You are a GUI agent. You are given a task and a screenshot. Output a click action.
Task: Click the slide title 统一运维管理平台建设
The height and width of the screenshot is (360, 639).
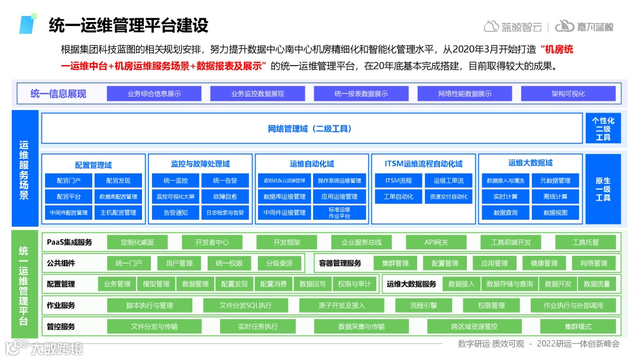tap(128, 25)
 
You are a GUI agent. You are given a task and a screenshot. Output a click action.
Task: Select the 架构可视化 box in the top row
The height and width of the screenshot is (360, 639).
tap(568, 94)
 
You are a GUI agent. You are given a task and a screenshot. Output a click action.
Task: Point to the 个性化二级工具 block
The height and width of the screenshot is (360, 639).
tap(603, 128)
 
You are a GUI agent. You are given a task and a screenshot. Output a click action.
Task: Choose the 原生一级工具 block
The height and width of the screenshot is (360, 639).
tap(603, 189)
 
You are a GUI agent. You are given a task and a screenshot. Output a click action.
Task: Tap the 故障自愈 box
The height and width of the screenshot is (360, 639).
tap(225, 197)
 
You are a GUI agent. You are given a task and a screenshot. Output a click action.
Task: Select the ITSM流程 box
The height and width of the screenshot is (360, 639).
tap(398, 181)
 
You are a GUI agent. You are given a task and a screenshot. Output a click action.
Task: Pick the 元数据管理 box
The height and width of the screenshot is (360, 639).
tap(555, 181)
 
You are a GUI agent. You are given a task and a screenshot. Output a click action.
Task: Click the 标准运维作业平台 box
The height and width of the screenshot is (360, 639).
tap(339, 213)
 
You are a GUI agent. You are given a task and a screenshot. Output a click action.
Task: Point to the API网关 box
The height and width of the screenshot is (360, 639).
tap(436, 242)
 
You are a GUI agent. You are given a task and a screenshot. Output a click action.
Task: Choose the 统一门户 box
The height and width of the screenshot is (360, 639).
tap(128, 263)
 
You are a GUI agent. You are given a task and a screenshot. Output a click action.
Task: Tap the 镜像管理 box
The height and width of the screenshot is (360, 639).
tap(543, 263)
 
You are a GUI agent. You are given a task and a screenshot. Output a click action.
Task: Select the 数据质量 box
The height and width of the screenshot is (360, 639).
tap(596, 284)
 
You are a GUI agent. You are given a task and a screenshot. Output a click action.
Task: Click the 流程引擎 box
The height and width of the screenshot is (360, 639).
tap(424, 306)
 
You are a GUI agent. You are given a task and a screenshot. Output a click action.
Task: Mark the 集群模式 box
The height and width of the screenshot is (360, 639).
tap(577, 326)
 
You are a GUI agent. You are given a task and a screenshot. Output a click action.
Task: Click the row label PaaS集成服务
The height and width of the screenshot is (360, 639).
tap(69, 242)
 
